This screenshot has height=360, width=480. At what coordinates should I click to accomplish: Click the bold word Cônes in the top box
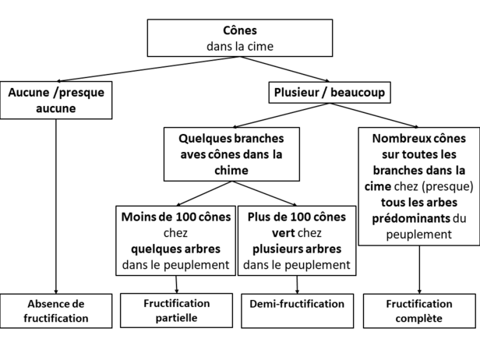coord(240,30)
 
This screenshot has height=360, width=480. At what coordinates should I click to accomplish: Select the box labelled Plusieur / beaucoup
coord(330,93)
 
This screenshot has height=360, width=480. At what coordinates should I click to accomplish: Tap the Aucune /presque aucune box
coord(56,100)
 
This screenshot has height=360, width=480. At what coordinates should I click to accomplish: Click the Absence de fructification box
coord(56,311)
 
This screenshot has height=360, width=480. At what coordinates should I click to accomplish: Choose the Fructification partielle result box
coord(176,310)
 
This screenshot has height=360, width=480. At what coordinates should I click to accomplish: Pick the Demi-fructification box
coord(297,311)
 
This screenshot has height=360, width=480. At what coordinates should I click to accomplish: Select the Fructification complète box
coord(419,311)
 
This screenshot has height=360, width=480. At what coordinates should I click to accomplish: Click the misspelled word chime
coord(231,171)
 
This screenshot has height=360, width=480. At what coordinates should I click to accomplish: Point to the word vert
coord(283,233)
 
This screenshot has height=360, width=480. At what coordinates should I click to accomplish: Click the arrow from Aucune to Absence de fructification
coord(56,206)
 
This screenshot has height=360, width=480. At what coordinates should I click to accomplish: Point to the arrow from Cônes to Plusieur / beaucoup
coord(284,69)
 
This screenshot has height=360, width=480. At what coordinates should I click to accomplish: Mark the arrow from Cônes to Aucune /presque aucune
coord(148,69)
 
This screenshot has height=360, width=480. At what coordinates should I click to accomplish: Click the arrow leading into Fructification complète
coord(419,270)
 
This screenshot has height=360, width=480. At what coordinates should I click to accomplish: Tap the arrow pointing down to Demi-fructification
coord(297,284)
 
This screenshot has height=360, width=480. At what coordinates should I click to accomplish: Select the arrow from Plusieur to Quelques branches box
coord(281,115)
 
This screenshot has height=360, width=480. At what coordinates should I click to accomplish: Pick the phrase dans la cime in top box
coord(240,47)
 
